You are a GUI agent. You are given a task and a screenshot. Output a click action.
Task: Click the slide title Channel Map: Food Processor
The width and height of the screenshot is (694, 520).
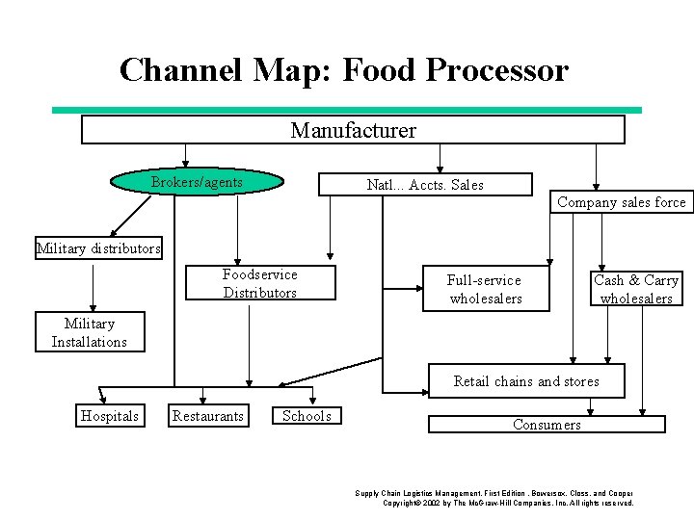(344, 70)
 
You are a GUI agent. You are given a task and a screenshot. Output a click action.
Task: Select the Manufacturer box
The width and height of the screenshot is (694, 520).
(353, 130)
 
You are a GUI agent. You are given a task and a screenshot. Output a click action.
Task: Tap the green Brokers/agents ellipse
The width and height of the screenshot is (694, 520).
(198, 182)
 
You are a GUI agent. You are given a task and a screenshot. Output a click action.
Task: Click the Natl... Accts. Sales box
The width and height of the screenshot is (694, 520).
(425, 185)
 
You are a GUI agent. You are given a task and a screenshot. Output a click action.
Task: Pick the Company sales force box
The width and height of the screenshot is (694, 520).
(621, 202)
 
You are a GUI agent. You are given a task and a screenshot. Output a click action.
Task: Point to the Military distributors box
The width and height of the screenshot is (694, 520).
(98, 248)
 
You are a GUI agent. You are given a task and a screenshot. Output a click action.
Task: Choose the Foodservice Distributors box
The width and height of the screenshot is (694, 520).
(259, 284)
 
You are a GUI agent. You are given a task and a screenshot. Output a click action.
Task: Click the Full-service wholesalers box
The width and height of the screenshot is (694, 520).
(485, 289)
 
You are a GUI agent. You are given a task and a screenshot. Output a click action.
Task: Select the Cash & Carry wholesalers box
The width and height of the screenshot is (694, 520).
(635, 289)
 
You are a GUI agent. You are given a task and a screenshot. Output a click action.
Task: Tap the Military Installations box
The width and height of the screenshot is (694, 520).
(89, 333)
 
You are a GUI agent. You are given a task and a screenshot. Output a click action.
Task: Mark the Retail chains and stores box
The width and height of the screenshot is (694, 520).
(526, 381)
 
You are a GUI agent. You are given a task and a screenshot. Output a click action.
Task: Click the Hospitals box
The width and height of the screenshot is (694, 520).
(109, 416)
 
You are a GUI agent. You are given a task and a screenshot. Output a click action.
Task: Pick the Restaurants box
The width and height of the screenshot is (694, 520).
(207, 416)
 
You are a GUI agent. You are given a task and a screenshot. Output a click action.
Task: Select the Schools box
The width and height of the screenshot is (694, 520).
(307, 416)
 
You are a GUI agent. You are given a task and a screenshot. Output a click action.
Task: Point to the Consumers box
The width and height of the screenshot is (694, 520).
(547, 425)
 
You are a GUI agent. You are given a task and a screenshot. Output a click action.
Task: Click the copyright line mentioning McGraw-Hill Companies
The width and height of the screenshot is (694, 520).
(508, 503)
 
